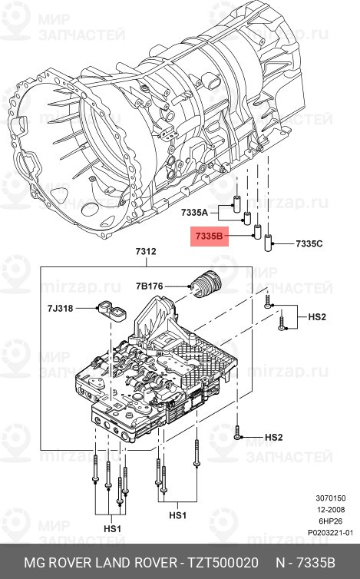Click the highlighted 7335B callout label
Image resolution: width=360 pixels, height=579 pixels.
(x=208, y=238)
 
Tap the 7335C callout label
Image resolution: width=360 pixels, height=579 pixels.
(x=310, y=243)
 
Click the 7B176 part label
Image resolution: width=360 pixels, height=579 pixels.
(x=150, y=286)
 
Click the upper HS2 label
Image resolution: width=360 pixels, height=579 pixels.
(x=318, y=316)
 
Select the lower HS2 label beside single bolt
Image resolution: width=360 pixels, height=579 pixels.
(x=274, y=437)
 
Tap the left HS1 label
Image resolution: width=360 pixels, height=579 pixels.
(x=113, y=529)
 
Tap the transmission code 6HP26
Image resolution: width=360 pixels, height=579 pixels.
(x=339, y=521)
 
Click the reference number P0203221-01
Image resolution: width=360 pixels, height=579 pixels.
(x=330, y=531)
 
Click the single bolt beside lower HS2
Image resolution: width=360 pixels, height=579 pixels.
(x=240, y=434)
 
